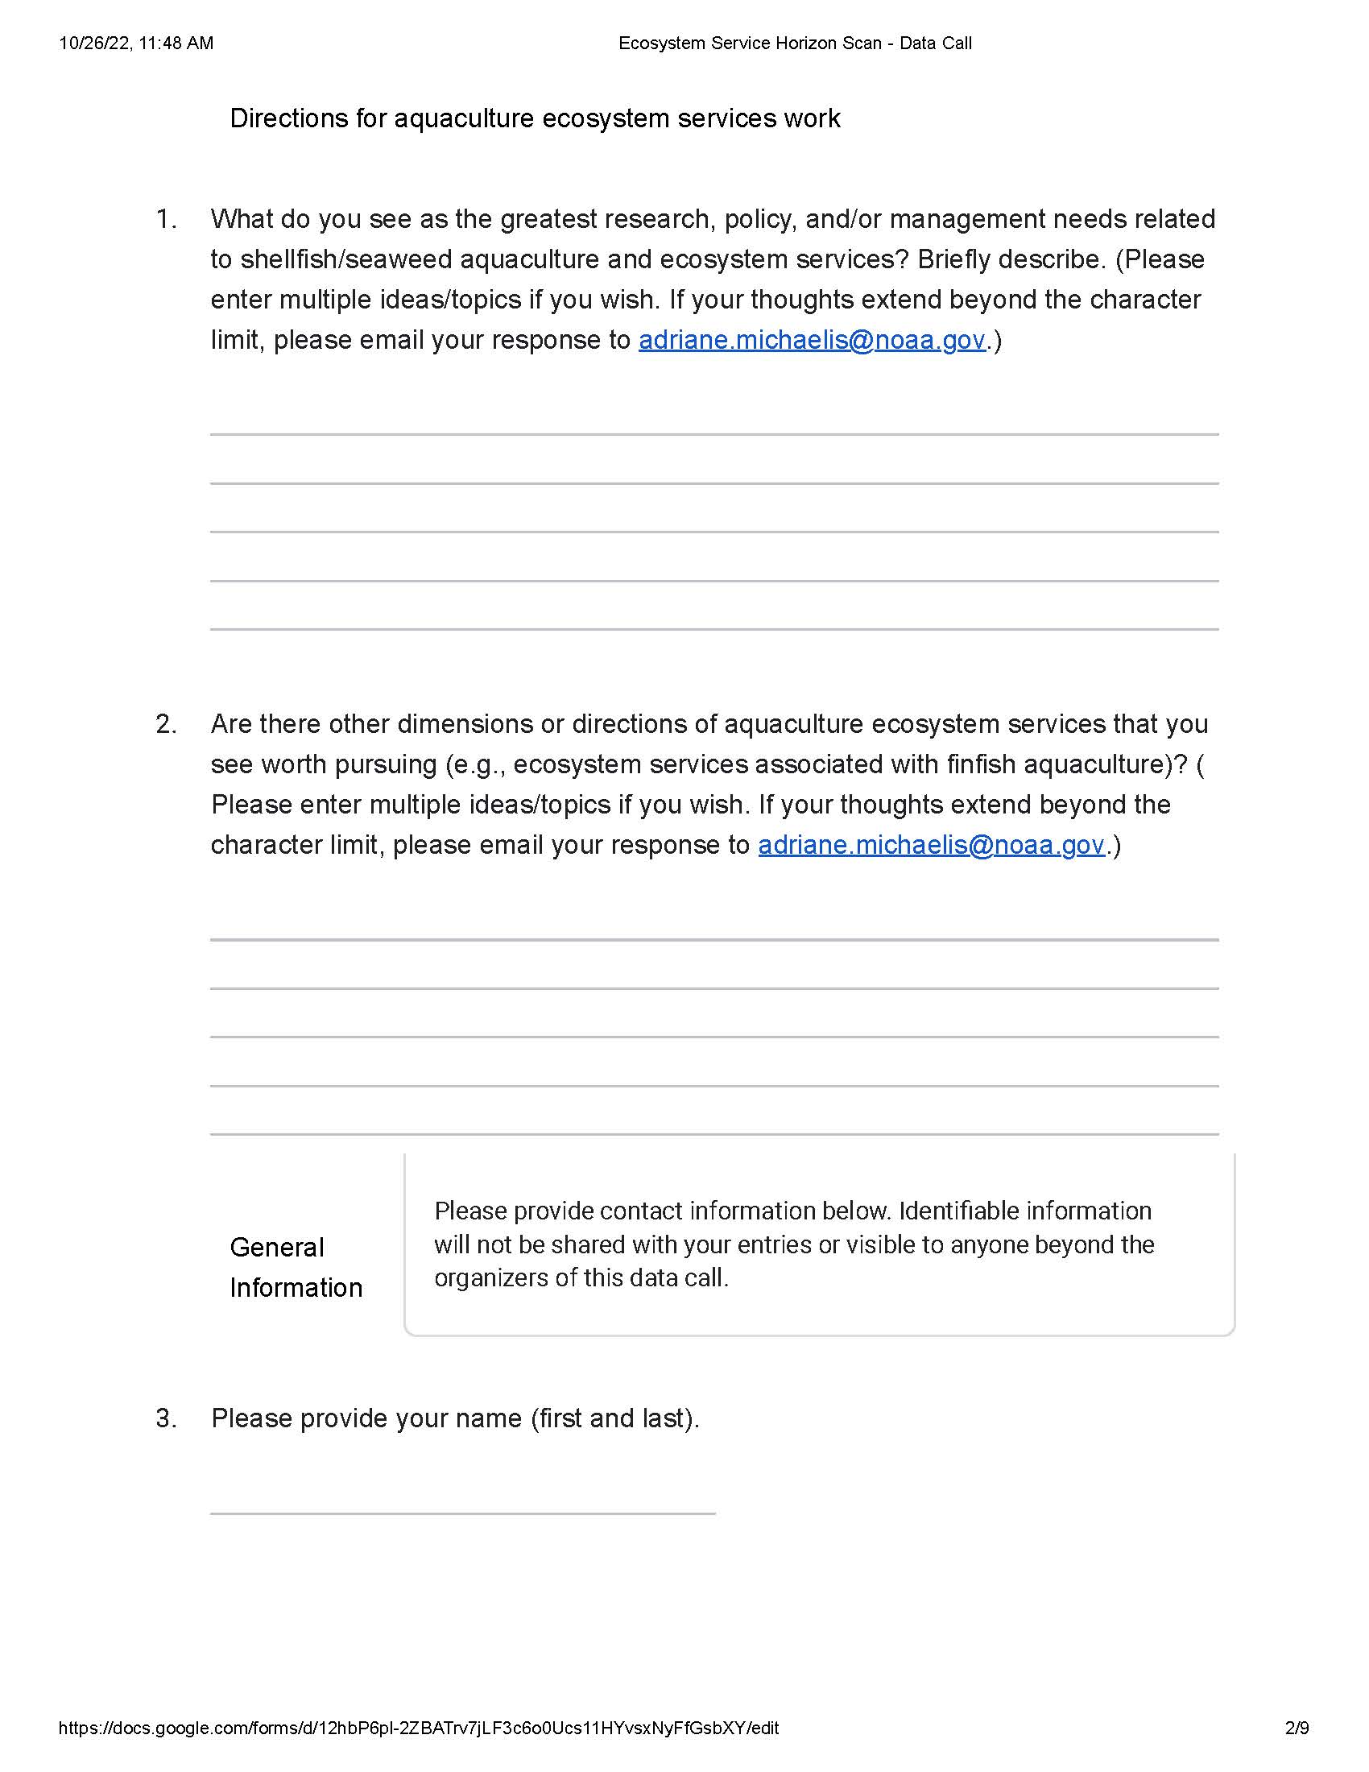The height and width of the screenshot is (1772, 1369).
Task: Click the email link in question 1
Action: [811, 340]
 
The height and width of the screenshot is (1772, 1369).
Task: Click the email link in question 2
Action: [931, 846]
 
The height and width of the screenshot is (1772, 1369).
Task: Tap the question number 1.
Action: [166, 219]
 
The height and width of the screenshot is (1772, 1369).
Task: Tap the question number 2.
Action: [166, 724]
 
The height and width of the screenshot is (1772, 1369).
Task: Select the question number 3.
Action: [166, 1418]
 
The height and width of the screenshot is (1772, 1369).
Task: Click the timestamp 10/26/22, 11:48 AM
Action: [136, 43]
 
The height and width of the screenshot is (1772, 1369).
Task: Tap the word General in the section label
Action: [276, 1247]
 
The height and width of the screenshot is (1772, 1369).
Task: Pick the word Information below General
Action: [296, 1288]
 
